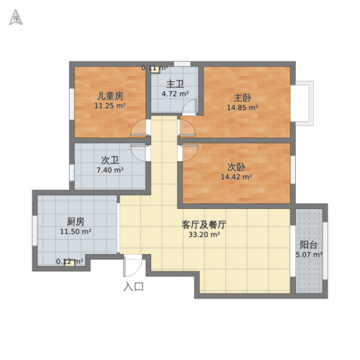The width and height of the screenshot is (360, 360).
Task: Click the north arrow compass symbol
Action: point(15,19)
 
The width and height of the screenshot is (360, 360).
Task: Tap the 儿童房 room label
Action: point(110,96)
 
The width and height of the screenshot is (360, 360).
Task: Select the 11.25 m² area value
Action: point(110,106)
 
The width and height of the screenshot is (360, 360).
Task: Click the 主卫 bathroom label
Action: point(175,84)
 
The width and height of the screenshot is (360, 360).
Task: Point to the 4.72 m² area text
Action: point(175,94)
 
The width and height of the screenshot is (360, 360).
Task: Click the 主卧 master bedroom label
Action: point(243,98)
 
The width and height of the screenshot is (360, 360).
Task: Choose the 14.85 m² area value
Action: point(243,108)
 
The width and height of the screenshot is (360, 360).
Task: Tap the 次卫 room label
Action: point(109,161)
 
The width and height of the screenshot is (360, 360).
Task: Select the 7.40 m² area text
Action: point(109,171)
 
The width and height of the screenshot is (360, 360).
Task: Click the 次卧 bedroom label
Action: point(237,166)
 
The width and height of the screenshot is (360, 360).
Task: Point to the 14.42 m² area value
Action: point(237,176)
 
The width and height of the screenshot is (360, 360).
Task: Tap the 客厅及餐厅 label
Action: point(204,225)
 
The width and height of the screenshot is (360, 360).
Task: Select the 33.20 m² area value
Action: point(204,235)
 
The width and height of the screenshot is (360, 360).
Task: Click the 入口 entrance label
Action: point(133,287)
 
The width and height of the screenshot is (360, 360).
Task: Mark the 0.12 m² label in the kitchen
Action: point(70,262)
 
